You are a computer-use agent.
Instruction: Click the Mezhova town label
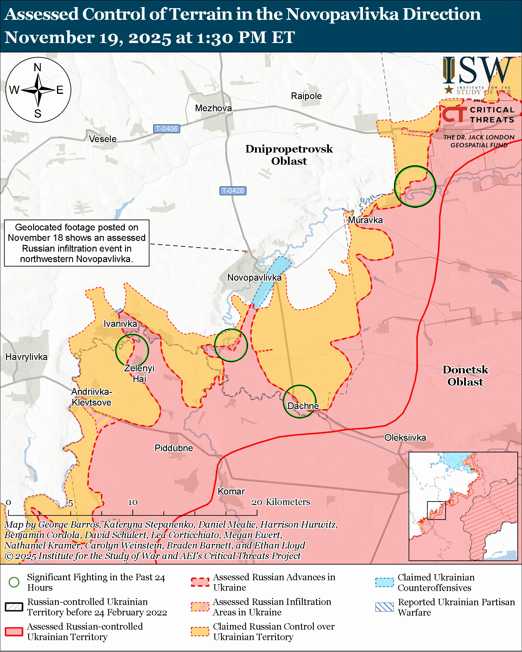point(213,108)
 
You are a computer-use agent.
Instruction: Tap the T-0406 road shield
point(166,128)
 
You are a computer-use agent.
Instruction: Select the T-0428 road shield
point(233,191)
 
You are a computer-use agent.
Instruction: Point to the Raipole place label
point(306,96)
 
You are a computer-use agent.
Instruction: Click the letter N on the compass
point(38,67)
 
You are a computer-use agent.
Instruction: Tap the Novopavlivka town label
point(254,277)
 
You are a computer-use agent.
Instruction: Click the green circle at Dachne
point(300,401)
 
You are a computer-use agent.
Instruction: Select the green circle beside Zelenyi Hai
point(132,350)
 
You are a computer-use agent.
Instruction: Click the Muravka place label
point(365,220)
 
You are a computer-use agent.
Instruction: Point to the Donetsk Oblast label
point(465,375)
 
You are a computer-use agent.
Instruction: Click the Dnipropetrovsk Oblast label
point(289,155)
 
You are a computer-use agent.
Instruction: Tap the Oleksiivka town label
point(405,437)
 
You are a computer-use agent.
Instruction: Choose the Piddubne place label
point(174,447)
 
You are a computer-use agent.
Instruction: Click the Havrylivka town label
point(27,357)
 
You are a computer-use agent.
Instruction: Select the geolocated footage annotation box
point(76,243)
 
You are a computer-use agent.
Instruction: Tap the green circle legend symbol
point(14,582)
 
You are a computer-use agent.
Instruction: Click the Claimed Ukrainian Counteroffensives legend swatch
point(384,582)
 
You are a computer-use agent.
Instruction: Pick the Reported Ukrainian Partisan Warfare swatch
point(384,607)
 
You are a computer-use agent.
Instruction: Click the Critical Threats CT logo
point(454,115)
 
